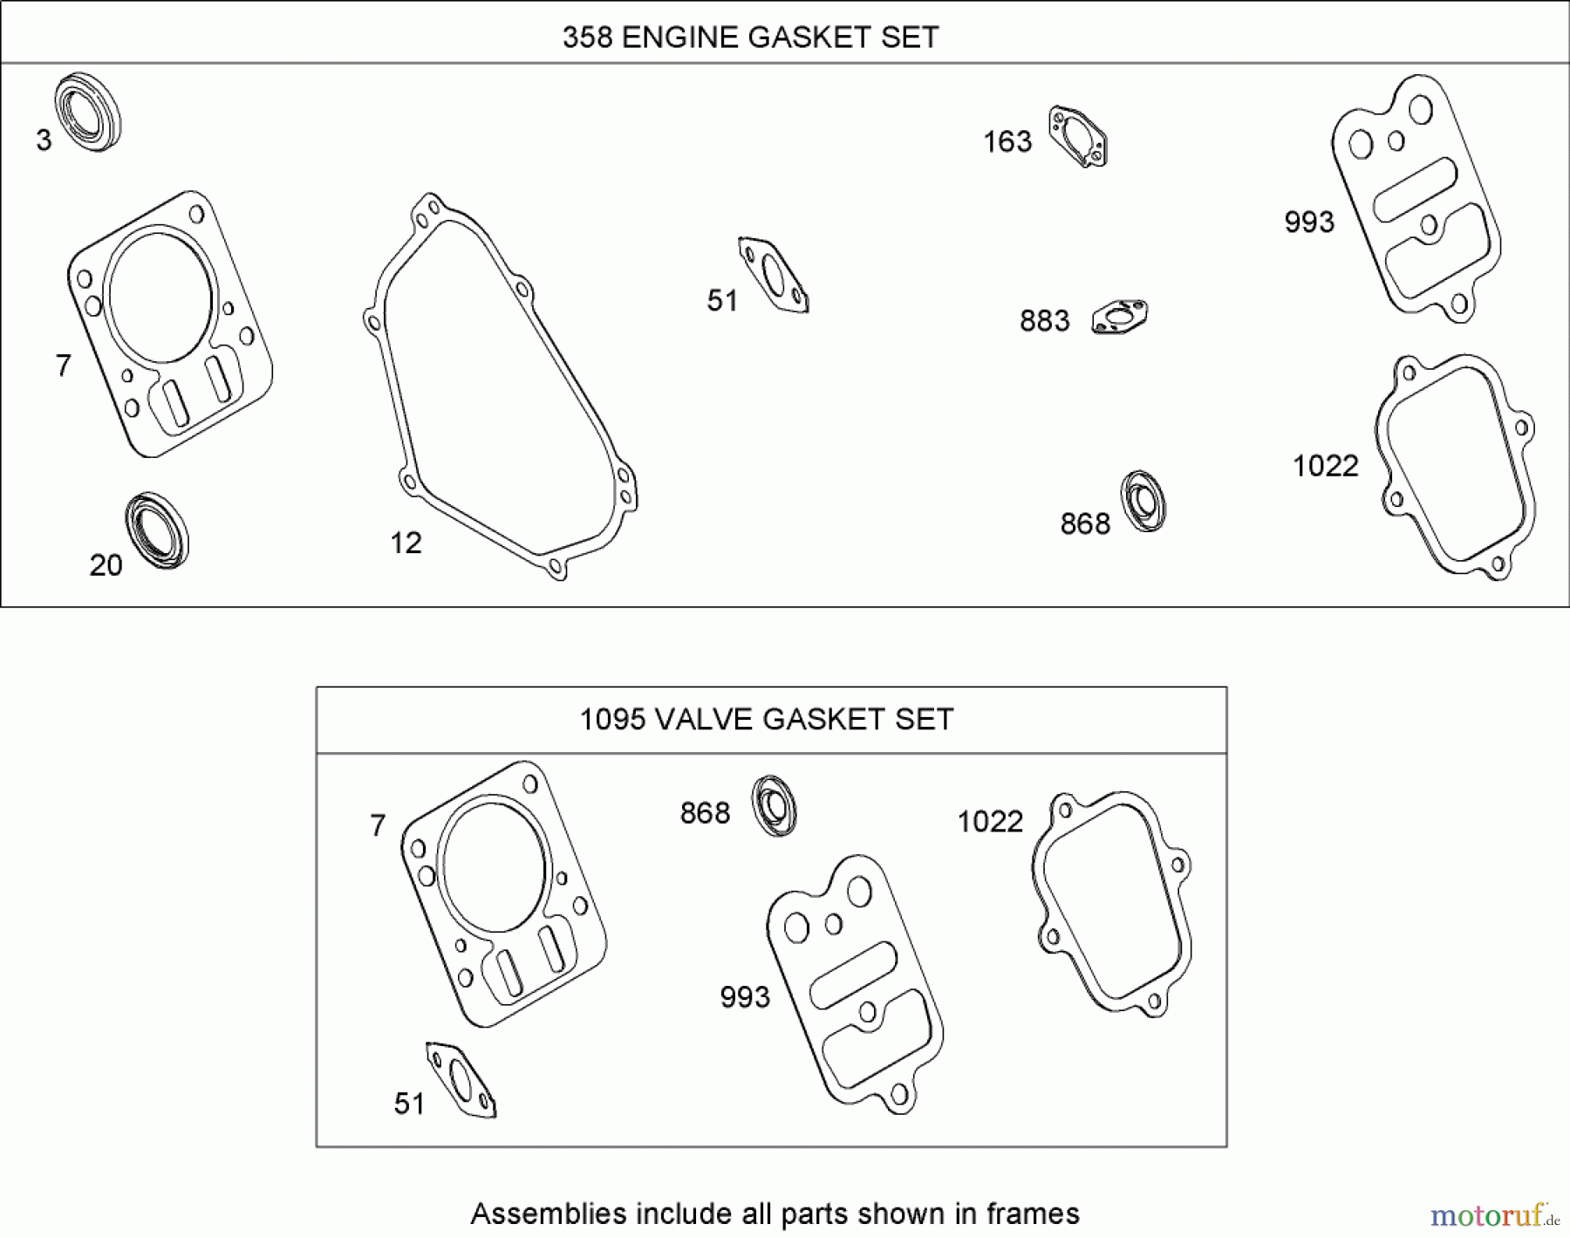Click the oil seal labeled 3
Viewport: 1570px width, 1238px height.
point(88,113)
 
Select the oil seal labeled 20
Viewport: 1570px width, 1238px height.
point(157,530)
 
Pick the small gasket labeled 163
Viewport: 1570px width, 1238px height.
point(1079,136)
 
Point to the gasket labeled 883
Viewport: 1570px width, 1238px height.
point(1120,317)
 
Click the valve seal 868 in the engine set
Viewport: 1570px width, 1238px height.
point(1143,501)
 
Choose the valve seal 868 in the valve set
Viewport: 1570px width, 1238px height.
point(775,804)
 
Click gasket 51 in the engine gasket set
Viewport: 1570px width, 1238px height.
point(774,274)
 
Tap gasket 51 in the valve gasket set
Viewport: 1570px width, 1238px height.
point(461,1078)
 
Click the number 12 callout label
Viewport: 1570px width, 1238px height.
point(406,544)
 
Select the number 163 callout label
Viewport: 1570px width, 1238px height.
point(1007,141)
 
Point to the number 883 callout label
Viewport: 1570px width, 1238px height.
point(1044,321)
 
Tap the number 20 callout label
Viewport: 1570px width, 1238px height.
point(106,565)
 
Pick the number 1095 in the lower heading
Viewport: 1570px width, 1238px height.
point(613,719)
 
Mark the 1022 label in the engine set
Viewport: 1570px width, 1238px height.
point(1325,466)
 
